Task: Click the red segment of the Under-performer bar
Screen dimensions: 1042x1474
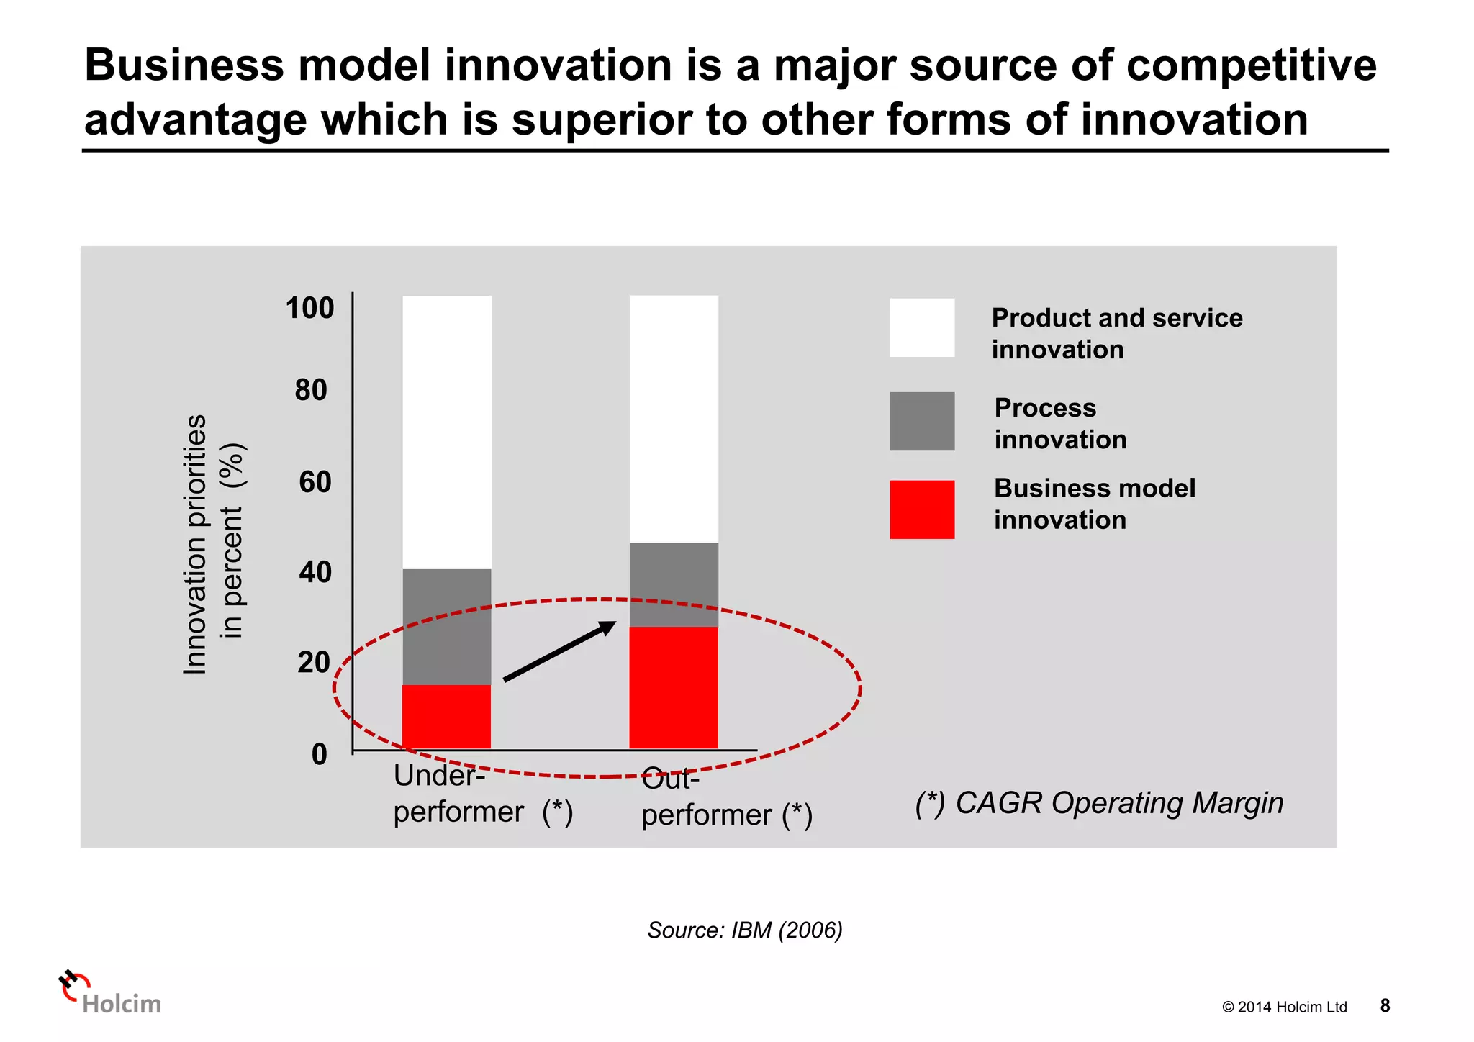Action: coord(446,716)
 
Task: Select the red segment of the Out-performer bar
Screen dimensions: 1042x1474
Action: coord(674,687)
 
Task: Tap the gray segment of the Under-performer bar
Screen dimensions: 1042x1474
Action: coord(446,626)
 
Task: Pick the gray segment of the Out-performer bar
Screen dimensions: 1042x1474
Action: coord(674,584)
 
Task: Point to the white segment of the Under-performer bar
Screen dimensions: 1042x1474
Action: coord(446,432)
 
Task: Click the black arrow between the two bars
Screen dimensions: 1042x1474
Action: coord(560,651)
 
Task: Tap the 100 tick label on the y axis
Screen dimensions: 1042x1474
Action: coord(310,308)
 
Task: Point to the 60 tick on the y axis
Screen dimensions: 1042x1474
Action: coord(315,482)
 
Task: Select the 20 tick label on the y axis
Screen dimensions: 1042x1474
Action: coord(313,663)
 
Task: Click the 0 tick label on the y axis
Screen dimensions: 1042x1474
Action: coord(319,755)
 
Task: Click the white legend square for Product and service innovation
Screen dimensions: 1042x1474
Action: coord(922,328)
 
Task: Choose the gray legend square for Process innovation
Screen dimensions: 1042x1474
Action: coord(922,422)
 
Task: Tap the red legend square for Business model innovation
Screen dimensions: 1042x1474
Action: coord(922,509)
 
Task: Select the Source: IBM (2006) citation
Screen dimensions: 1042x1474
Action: coord(745,930)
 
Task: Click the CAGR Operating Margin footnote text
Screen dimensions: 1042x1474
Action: coord(1099,803)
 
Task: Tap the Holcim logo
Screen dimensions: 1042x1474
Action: coord(109,994)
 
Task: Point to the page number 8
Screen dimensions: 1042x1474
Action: coord(1385,1006)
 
